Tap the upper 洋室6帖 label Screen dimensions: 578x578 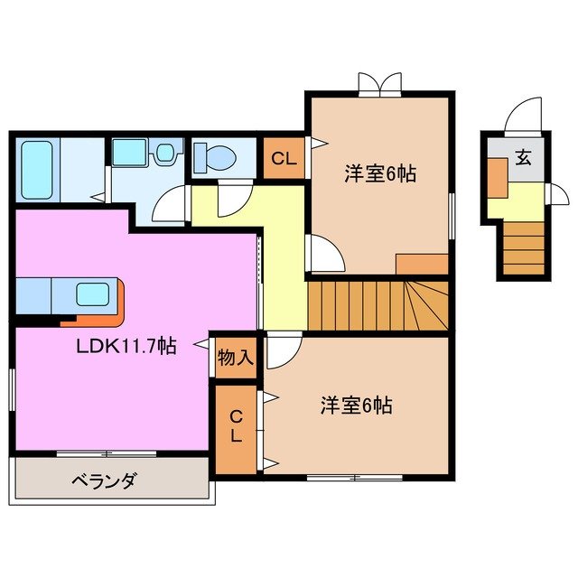tap(379, 174)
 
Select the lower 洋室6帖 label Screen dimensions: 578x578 tap(356, 406)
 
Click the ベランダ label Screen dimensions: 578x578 tap(104, 480)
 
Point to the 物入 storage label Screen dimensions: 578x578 tap(235, 357)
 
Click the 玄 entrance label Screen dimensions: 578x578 tap(523, 157)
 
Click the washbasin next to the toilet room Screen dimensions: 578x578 tap(164, 154)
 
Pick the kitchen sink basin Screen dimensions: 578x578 tap(91, 294)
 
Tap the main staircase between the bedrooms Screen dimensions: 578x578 tap(378, 305)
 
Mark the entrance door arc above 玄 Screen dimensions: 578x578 tap(522, 117)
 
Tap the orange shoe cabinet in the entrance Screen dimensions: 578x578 tap(497, 176)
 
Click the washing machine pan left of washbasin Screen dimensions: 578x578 tap(131, 152)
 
